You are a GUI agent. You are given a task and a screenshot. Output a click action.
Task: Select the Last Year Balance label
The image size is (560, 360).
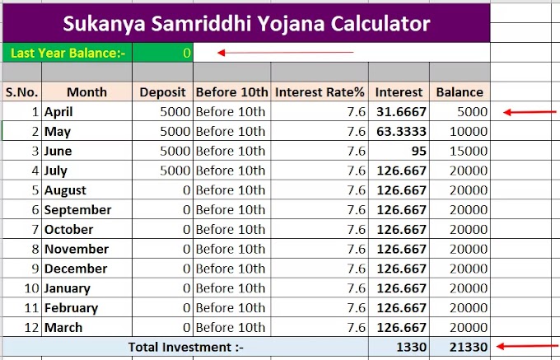(68, 53)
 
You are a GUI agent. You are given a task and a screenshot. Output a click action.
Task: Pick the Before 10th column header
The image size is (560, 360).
(231, 92)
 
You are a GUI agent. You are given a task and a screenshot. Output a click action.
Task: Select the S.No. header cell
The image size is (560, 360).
(21, 92)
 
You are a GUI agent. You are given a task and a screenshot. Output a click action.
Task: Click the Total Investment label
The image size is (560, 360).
(186, 348)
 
